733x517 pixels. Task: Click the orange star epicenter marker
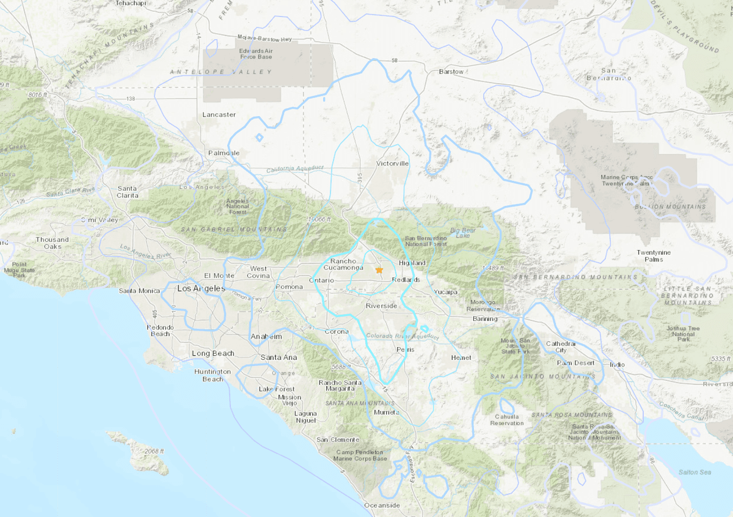point(379,269)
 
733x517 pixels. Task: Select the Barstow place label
point(451,71)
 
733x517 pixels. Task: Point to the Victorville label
point(392,164)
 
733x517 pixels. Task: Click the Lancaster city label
point(219,114)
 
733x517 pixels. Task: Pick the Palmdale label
point(224,153)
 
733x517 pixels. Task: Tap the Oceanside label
point(382,505)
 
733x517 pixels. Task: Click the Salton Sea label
point(696,472)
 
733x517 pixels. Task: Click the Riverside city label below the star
point(382,306)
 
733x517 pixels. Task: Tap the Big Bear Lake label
point(462,233)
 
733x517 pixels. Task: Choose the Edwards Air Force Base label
point(256,54)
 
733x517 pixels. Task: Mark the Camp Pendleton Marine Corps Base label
point(362,455)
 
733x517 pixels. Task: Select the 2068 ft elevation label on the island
point(155,451)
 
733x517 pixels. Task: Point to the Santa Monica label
point(139,291)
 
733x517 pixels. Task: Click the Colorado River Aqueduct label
point(402,337)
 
